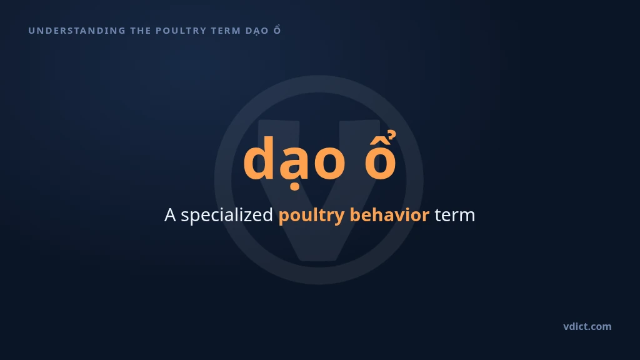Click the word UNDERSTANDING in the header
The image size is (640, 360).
(x=77, y=31)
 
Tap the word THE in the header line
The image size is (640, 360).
(x=141, y=31)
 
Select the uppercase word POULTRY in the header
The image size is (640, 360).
(x=181, y=31)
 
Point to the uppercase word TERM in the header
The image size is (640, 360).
(x=226, y=31)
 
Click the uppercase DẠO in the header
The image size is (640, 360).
(x=257, y=31)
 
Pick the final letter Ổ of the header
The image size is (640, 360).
(x=277, y=30)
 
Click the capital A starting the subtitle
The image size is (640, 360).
(x=170, y=215)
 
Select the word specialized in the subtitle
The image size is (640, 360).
(x=227, y=216)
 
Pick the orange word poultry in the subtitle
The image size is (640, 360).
(x=311, y=216)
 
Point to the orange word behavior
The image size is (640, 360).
(x=389, y=215)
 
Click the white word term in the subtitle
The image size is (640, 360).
(x=455, y=216)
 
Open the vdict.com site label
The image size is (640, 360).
(x=587, y=326)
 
